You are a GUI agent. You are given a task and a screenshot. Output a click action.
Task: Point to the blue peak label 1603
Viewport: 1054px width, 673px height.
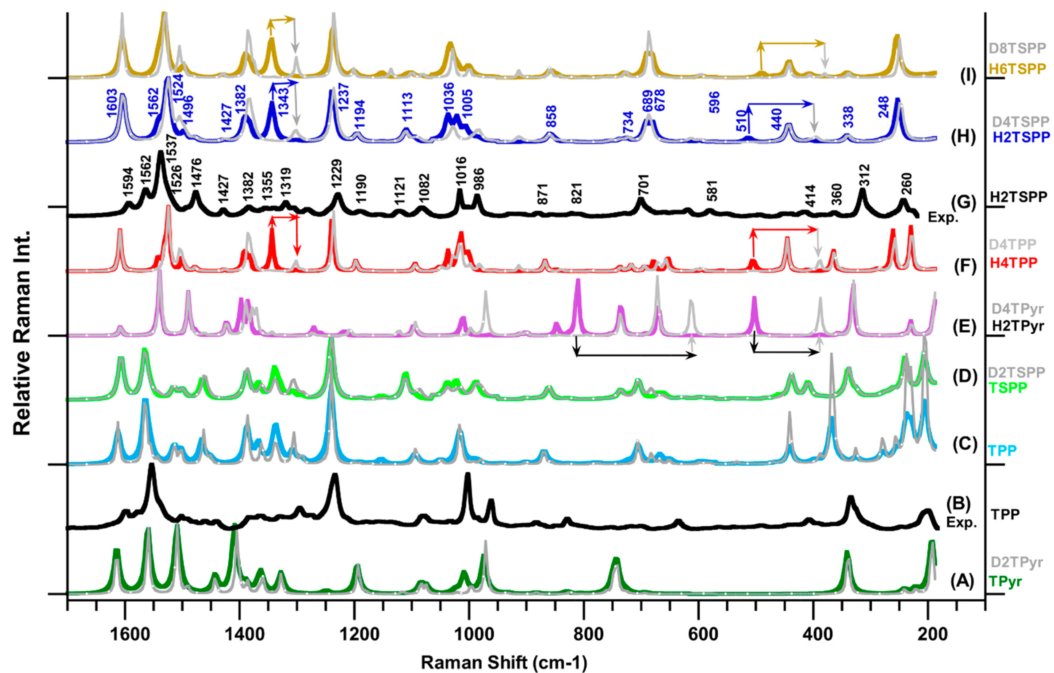pyautogui.click(x=112, y=103)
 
